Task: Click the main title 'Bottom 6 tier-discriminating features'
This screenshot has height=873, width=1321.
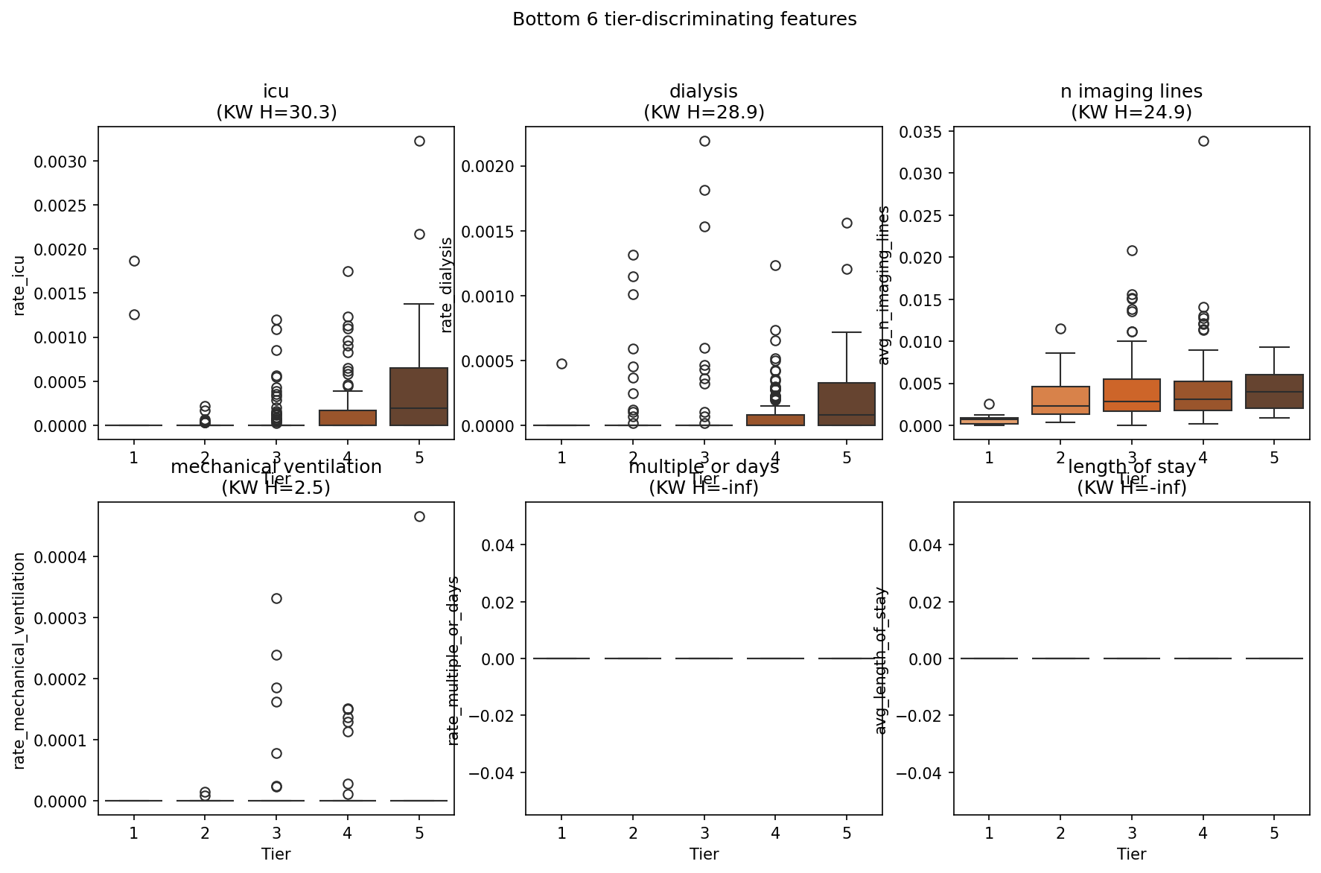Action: click(684, 19)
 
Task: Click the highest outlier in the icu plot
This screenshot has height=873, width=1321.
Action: click(419, 141)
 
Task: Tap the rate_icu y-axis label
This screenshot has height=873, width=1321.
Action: click(19, 285)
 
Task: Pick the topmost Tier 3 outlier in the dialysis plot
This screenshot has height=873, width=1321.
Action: click(704, 141)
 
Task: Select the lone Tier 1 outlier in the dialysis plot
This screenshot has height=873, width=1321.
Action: click(561, 364)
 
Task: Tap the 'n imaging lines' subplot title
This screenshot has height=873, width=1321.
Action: click(1131, 92)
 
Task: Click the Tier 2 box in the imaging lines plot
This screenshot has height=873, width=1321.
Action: click(1060, 400)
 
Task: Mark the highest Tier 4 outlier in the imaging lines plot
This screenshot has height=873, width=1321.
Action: click(1203, 141)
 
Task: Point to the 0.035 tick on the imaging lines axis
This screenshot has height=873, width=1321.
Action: click(921, 133)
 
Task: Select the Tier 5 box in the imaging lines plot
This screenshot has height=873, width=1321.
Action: click(1274, 391)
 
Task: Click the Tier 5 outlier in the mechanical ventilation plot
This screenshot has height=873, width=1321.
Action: click(419, 516)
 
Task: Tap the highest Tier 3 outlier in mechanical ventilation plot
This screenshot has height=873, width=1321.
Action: click(276, 598)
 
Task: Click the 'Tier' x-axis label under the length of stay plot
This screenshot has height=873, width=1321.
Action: click(1131, 854)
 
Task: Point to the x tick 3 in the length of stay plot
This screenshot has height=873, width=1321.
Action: click(1132, 832)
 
